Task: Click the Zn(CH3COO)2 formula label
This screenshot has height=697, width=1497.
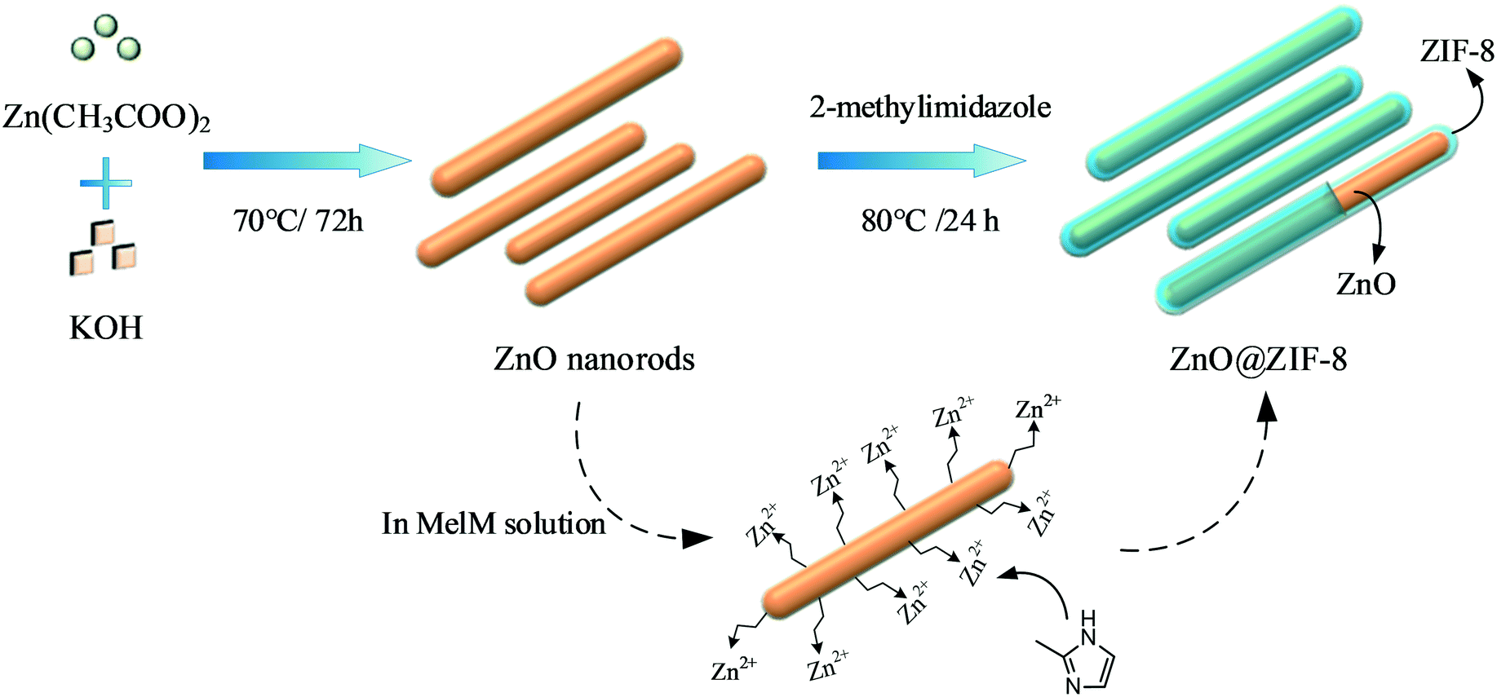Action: (106, 118)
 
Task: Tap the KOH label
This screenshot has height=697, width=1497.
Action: (106, 328)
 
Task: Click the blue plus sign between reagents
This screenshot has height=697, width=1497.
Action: (106, 183)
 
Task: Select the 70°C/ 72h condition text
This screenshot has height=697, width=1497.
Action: (298, 221)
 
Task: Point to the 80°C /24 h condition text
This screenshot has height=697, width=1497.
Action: (930, 221)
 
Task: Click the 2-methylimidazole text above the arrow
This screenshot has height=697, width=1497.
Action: (930, 107)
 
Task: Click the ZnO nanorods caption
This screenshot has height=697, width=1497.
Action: (594, 359)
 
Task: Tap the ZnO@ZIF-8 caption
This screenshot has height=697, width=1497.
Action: (1258, 359)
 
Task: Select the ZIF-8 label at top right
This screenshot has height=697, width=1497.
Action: (1457, 51)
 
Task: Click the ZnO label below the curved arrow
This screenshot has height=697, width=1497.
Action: (1366, 284)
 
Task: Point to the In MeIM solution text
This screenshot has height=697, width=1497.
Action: (494, 523)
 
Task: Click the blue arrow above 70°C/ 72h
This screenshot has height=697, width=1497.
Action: (307, 161)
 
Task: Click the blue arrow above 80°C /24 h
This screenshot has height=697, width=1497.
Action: (922, 161)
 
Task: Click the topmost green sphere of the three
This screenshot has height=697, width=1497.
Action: (106, 25)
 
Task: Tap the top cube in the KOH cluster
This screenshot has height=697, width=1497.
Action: (103, 232)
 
